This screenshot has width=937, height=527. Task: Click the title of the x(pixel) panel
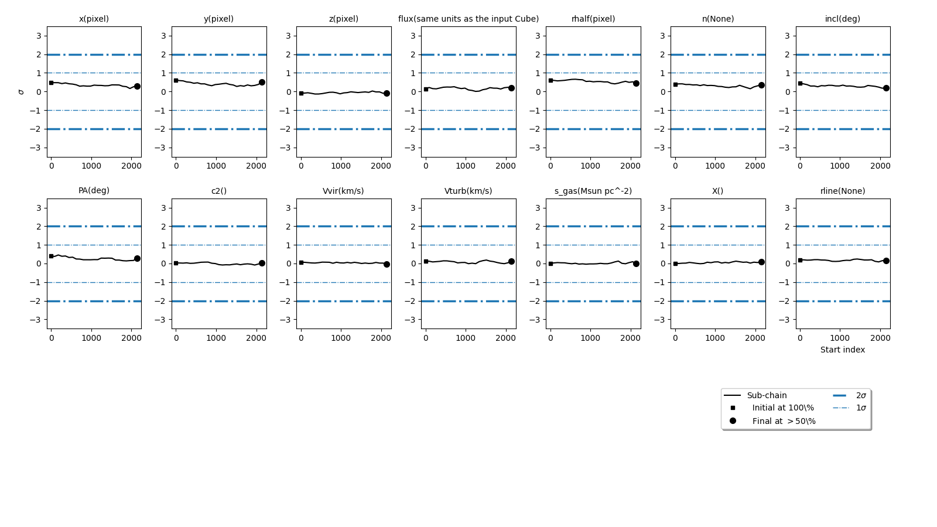[94, 19]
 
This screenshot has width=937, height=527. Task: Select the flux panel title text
[468, 19]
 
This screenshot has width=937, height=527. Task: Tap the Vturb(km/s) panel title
[468, 191]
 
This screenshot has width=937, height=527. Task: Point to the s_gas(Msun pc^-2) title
[593, 191]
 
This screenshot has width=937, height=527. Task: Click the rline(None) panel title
[842, 191]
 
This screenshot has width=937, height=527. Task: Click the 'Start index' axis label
[842, 350]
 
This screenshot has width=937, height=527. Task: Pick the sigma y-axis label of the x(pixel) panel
[21, 92]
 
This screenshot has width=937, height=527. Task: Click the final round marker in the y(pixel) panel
[262, 82]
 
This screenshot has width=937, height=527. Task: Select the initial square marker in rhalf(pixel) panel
[550, 80]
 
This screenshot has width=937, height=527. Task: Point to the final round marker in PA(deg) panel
[137, 258]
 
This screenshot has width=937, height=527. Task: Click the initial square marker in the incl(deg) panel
[800, 83]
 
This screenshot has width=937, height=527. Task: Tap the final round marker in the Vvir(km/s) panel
[387, 264]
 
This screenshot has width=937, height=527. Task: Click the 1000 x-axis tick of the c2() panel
[216, 338]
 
